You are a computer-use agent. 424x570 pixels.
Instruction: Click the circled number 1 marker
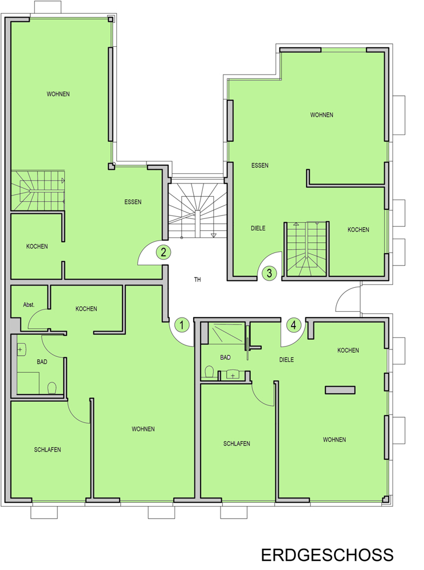pyautogui.click(x=182, y=325)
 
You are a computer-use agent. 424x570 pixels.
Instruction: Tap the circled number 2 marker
pyautogui.click(x=164, y=252)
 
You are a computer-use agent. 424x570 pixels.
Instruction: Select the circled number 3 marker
pyautogui.click(x=269, y=273)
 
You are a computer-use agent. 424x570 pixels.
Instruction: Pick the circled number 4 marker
pyautogui.click(x=293, y=325)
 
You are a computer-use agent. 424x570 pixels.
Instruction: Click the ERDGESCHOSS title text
pyautogui.click(x=327, y=555)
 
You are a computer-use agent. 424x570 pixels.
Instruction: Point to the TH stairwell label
pyautogui.click(x=197, y=279)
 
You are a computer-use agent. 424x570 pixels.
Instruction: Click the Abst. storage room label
pyautogui.click(x=28, y=304)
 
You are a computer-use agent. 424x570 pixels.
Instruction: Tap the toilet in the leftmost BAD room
pyautogui.click(x=52, y=388)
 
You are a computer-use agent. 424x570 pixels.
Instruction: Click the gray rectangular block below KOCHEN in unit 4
pyautogui.click(x=340, y=390)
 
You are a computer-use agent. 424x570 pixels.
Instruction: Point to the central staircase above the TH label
pyautogui.click(x=197, y=210)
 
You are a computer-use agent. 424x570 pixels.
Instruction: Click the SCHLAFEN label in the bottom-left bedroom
pyautogui.click(x=48, y=450)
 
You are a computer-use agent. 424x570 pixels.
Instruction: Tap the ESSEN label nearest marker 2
pyautogui.click(x=133, y=202)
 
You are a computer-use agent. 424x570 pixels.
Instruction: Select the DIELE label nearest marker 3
pyautogui.click(x=258, y=229)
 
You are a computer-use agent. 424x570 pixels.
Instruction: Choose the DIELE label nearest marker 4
pyautogui.click(x=287, y=360)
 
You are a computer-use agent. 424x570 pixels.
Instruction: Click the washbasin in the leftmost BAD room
pyautogui.click(x=22, y=350)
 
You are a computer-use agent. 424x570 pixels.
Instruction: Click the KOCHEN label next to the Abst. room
pyautogui.click(x=86, y=308)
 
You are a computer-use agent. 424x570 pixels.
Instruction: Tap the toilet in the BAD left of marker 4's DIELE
pyautogui.click(x=209, y=372)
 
